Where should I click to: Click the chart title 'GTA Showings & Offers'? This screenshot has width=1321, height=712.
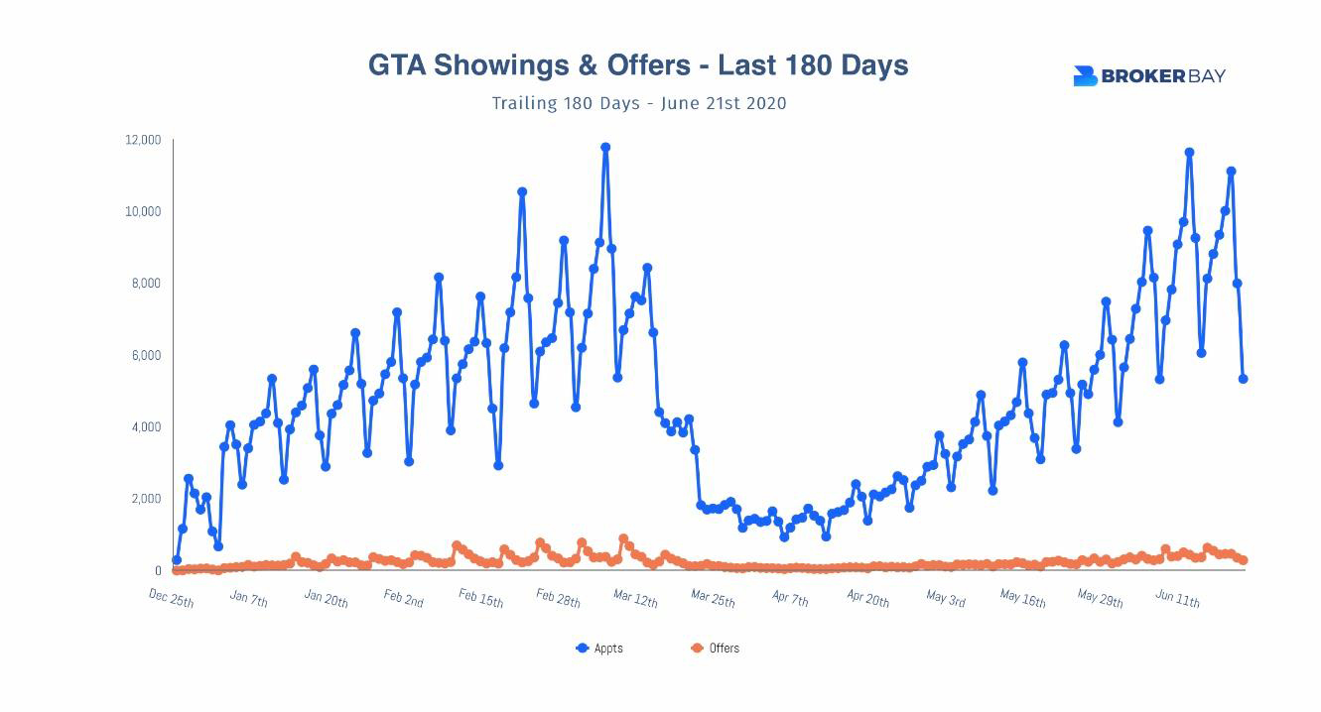pos(637,65)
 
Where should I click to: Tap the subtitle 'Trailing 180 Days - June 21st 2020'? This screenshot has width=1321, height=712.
pos(639,103)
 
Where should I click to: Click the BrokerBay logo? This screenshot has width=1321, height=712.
pos(1148,76)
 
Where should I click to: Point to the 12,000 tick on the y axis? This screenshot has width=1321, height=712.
pos(143,140)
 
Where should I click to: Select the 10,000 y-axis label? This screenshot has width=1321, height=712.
pos(143,211)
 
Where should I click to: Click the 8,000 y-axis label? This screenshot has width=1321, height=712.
pos(146,284)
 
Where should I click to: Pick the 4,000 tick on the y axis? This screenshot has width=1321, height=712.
pos(146,427)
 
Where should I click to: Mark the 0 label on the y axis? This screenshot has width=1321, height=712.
pos(158,571)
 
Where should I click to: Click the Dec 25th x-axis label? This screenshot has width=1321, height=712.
pos(172,598)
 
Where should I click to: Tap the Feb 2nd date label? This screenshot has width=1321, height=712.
pos(403,598)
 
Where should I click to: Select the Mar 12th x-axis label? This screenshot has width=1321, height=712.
pos(635,598)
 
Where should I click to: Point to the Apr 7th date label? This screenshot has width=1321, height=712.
pos(790,598)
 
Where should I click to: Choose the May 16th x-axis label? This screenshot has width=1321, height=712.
pos(1023,598)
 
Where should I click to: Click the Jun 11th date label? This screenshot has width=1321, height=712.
pos(1177,598)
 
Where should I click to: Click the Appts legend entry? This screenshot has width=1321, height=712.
pos(600,649)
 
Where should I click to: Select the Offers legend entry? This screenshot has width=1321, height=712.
pos(716,649)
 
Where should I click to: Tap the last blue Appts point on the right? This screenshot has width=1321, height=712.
pos(1243,379)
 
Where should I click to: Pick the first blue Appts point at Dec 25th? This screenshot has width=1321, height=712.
pos(177,560)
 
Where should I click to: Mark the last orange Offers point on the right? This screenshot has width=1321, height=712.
pos(1243,561)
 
